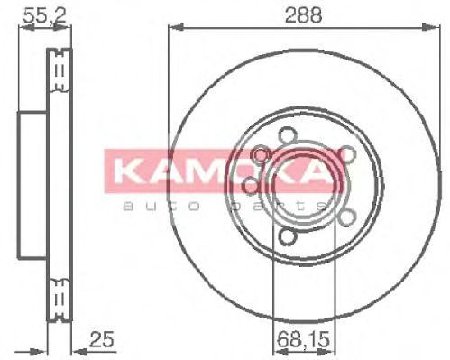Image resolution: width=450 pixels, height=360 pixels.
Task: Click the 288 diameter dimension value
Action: click(303, 14)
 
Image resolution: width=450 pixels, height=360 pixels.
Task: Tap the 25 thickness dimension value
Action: click(102, 339)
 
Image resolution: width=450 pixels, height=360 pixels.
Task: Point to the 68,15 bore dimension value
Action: click(304, 339)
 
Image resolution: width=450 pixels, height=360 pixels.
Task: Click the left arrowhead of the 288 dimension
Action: click(176, 27)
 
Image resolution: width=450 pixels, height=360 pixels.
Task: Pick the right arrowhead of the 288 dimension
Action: click(431, 27)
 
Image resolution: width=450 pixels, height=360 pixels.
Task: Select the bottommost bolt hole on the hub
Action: click(286, 235)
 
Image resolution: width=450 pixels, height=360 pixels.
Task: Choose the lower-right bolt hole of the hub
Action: click(347, 217)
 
